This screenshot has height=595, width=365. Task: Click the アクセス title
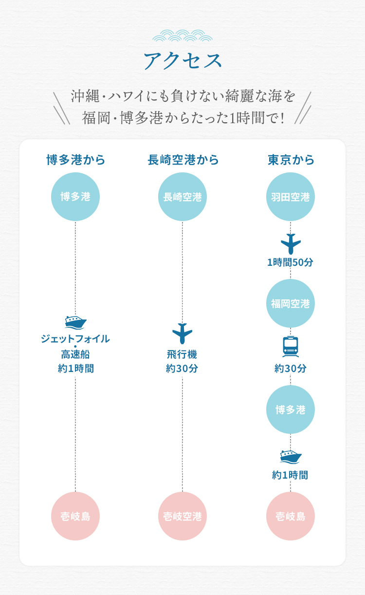pos(182,61)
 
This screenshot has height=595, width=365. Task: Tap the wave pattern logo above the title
pos(182,36)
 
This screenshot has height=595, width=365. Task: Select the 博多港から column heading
pos(76,160)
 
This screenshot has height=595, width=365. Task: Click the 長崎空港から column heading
pos(183,160)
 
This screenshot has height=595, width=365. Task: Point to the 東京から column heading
pos(291,160)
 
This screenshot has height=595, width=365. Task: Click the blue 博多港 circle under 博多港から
pos(75,197)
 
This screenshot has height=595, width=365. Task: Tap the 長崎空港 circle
pos(182,197)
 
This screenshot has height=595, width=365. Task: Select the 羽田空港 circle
pos(291,197)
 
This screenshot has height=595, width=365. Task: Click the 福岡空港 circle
pos(291,303)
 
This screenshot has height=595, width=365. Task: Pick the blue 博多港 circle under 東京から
pos(291,409)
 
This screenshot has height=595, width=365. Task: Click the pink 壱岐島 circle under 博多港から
pos(75,516)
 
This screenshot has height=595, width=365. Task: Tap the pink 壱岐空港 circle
pos(182,516)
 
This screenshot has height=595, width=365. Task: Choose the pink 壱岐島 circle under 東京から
pos(291,516)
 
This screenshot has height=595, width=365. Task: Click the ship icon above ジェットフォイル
pos(75,322)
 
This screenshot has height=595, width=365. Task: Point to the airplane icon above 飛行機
pos(182,334)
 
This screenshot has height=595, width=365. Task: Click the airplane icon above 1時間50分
pos(291,243)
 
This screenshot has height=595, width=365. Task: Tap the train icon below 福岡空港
pos(291,346)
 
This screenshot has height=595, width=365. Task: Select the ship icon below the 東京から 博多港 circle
pos(291,457)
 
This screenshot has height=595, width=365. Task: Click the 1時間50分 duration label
pos(290,262)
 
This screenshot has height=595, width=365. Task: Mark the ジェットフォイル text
pos(75,339)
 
